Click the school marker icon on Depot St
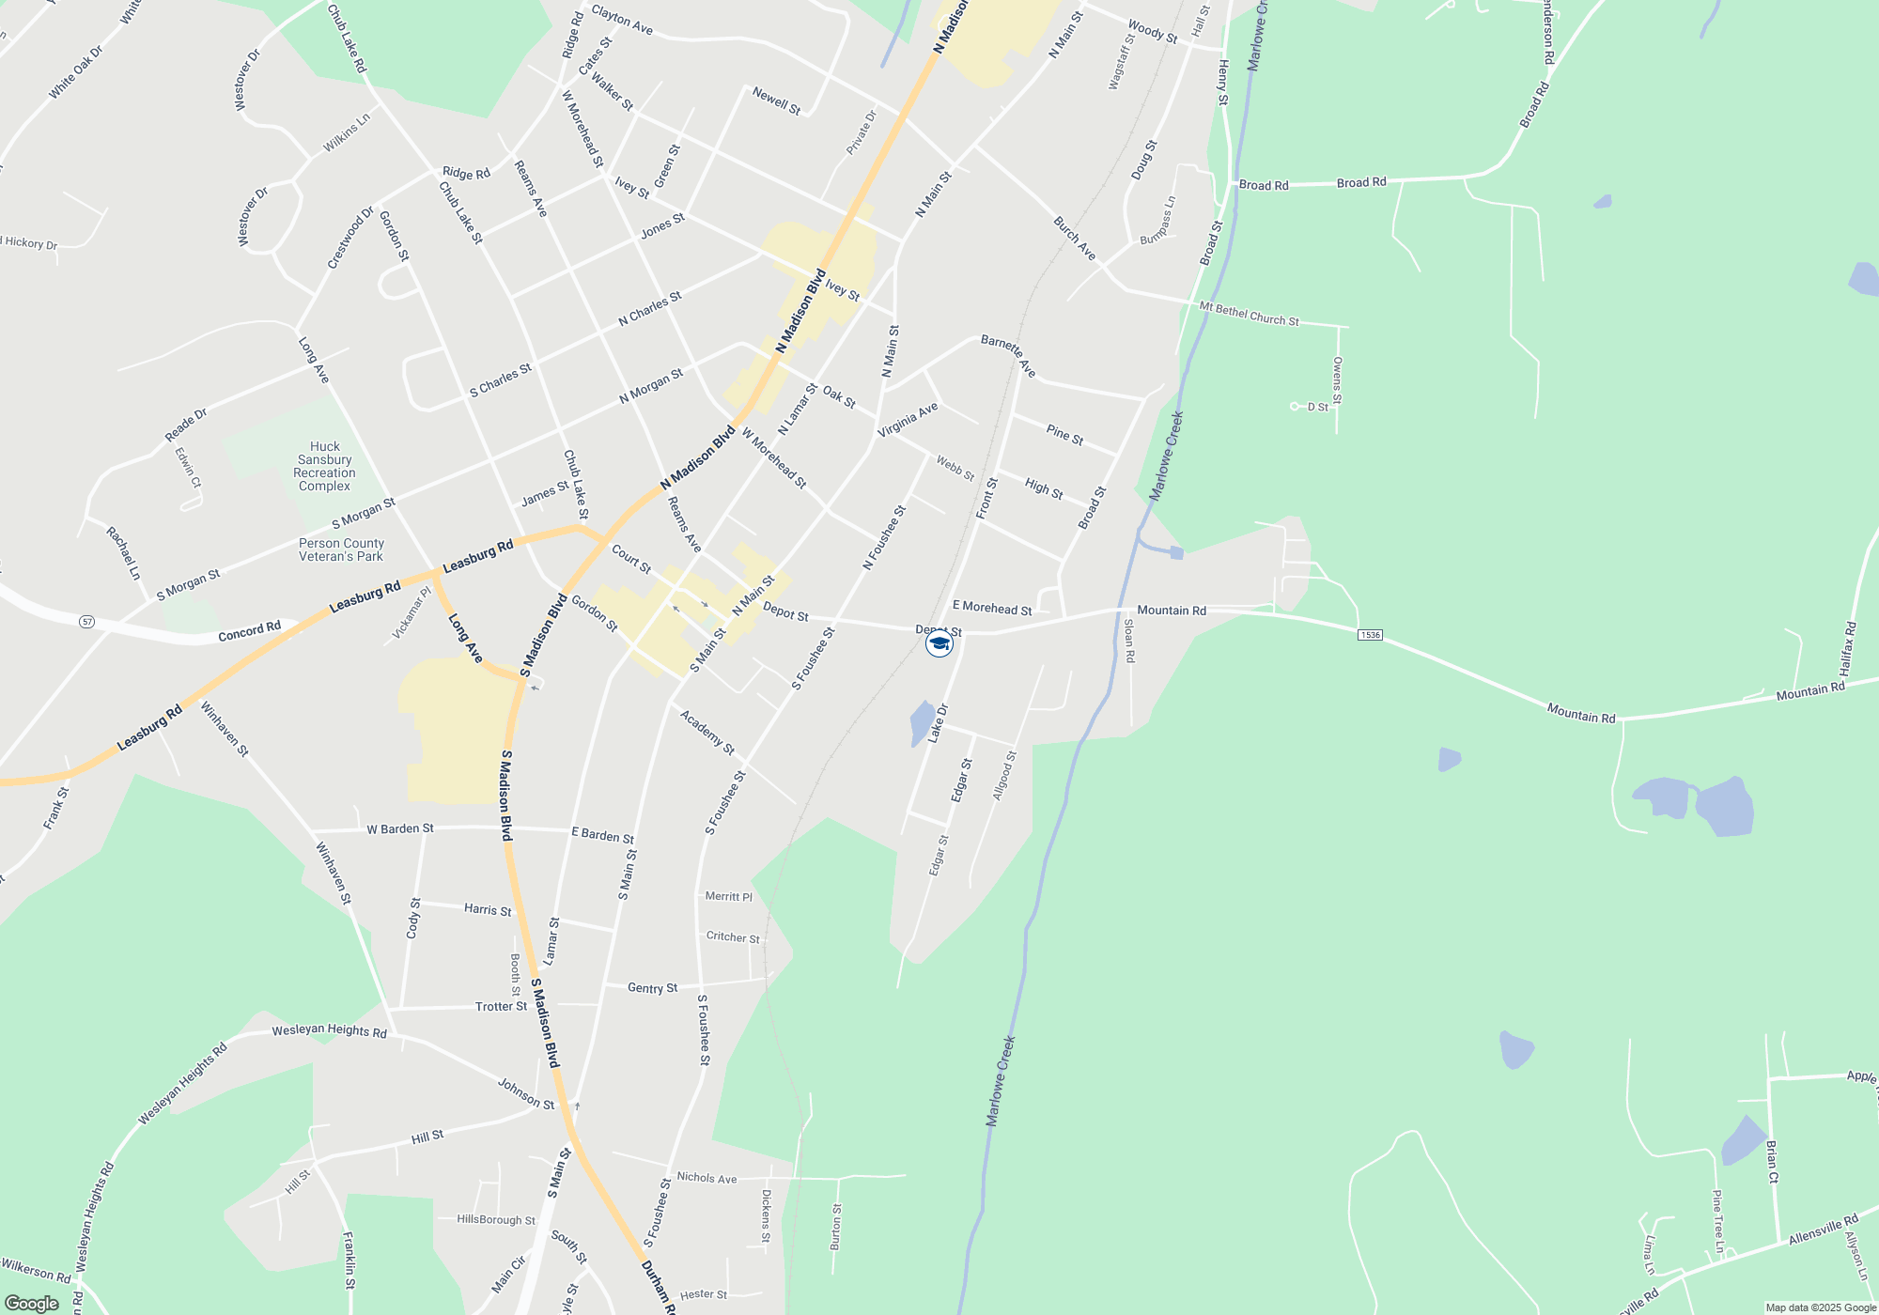tap(939, 643)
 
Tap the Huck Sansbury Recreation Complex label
tap(324, 467)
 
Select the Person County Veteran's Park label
tap(341, 549)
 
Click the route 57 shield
tap(86, 622)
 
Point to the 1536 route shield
tap(1370, 635)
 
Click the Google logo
tap(31, 1304)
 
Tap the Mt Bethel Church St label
tap(1249, 314)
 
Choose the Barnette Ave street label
tap(1008, 355)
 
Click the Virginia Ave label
tap(908, 420)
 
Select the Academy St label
tap(707, 733)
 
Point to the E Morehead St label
tap(992, 609)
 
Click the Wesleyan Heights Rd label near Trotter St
tap(329, 1030)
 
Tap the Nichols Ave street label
tap(707, 1177)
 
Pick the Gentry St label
tap(652, 988)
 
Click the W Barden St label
tap(400, 828)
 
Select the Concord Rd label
tap(249, 631)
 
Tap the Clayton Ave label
tap(622, 20)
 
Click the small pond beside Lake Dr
tap(923, 723)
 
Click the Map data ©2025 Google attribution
tap(1821, 1307)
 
